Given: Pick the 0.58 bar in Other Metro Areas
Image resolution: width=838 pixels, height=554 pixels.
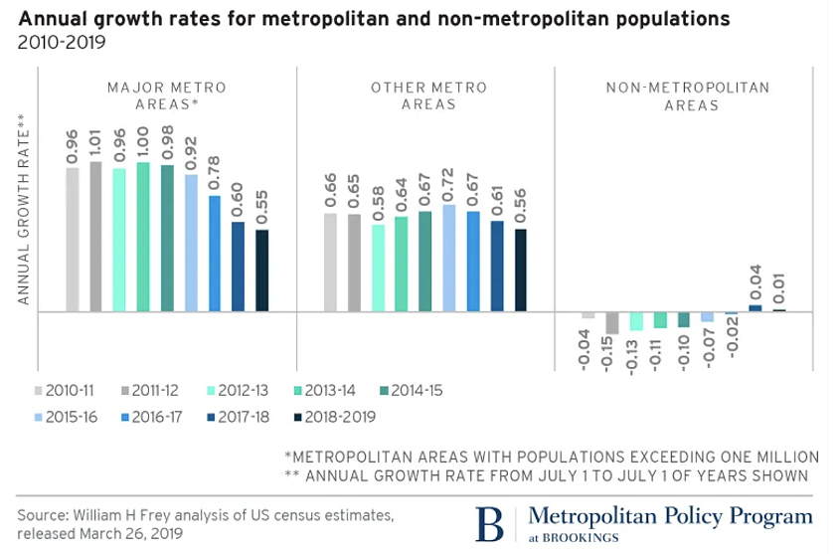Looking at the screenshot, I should [x=378, y=268].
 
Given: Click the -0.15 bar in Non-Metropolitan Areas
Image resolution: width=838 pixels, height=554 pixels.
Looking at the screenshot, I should [x=612, y=322].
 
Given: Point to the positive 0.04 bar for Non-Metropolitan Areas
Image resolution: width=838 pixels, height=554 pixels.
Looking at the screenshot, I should [x=755, y=307].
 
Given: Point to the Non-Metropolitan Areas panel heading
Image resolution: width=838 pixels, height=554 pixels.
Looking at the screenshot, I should [x=688, y=95].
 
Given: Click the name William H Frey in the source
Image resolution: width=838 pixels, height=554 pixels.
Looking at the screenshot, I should [x=112, y=514].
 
